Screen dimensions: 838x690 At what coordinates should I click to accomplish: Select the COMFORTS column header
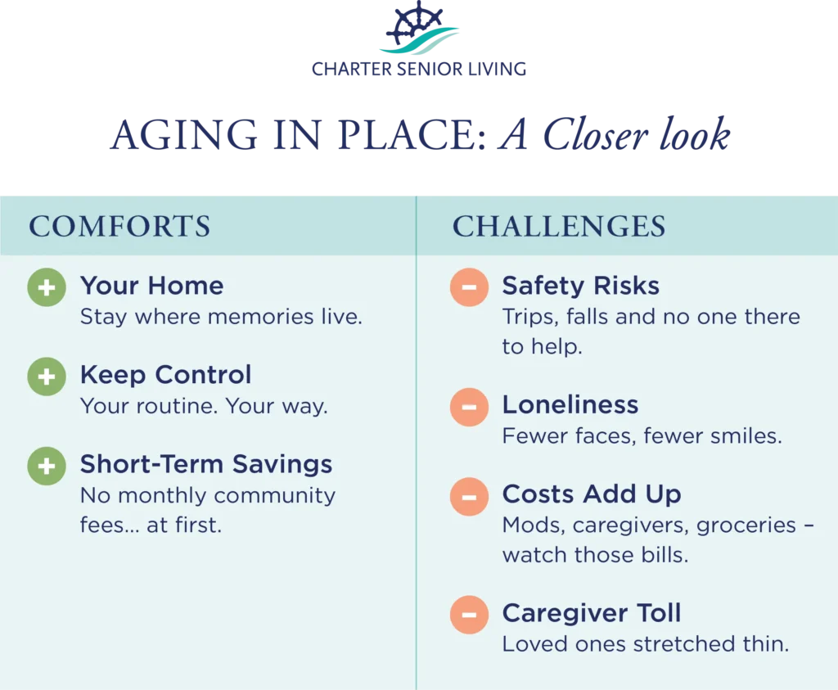(x=119, y=226)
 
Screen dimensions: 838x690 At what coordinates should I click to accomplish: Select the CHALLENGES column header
(x=559, y=226)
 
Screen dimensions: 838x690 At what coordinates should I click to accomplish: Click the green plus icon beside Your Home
(x=47, y=287)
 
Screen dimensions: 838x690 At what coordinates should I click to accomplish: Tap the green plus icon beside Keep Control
(x=47, y=377)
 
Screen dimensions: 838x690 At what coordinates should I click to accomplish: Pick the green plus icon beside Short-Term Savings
(x=47, y=466)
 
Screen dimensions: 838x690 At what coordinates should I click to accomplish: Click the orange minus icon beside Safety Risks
(x=469, y=287)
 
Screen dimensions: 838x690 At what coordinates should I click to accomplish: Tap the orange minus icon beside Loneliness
(x=469, y=407)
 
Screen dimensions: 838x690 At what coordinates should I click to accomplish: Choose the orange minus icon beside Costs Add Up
(x=469, y=497)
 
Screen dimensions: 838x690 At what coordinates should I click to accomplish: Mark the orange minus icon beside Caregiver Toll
(x=469, y=615)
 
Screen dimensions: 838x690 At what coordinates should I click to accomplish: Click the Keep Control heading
(x=165, y=375)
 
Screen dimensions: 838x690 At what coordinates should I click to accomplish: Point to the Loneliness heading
(x=570, y=404)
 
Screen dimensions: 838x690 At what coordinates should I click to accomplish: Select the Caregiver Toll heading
(x=592, y=612)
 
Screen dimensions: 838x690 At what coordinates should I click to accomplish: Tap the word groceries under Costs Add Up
(x=746, y=525)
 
